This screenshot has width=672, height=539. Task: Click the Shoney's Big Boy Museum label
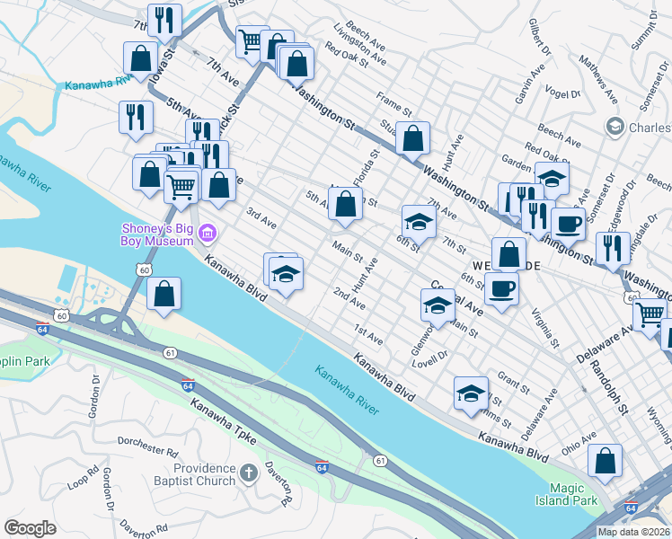click(x=159, y=234)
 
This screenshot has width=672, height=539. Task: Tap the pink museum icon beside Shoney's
click(x=208, y=234)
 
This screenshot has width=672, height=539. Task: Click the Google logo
click(x=30, y=528)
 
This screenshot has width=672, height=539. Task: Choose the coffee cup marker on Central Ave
click(x=501, y=290)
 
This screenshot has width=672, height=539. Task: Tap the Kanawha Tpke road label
click(x=223, y=427)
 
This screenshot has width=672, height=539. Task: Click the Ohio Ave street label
click(x=579, y=443)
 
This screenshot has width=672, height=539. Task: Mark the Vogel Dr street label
click(x=566, y=93)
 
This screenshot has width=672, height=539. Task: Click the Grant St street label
click(x=512, y=384)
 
